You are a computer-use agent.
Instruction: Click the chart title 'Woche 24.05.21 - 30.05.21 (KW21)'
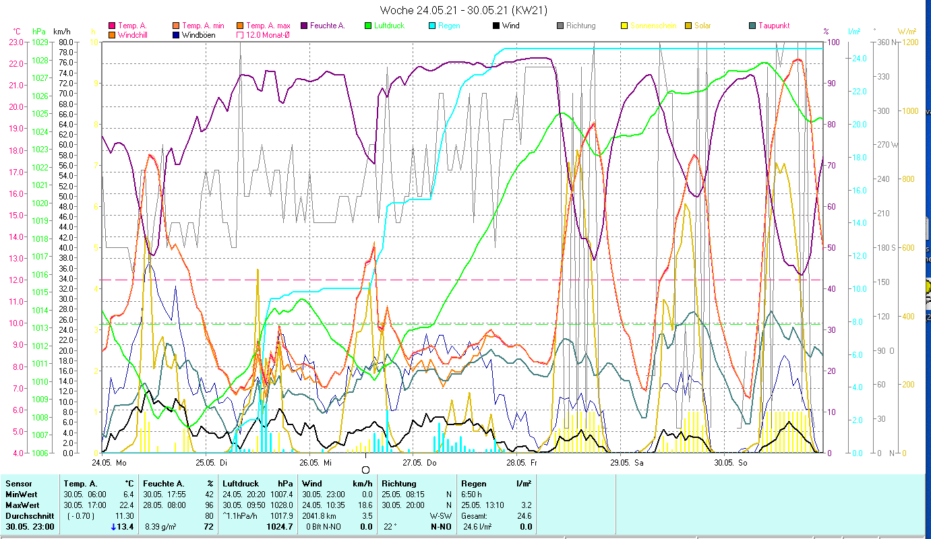click(463, 10)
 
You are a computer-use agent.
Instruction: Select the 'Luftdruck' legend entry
click(388, 26)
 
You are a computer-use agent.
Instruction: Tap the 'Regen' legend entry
click(449, 26)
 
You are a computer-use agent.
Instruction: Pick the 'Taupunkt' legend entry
click(773, 26)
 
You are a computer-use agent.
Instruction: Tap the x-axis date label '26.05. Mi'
click(316, 463)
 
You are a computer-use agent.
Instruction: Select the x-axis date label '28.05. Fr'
click(524, 463)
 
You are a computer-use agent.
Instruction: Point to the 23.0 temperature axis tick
click(16, 42)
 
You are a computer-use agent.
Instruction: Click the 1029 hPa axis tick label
click(40, 42)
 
